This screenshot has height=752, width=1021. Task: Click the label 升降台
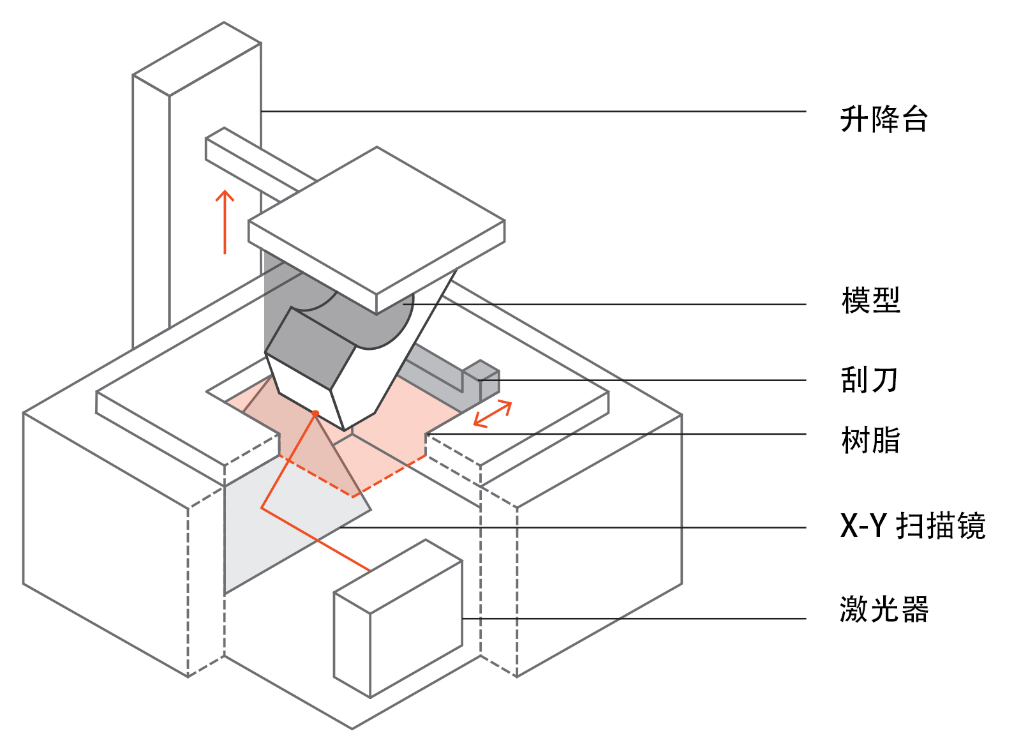883,119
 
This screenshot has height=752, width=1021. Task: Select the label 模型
870,300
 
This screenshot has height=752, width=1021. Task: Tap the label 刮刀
869,380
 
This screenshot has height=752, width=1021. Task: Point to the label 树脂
870,440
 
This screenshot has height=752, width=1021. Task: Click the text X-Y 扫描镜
913,526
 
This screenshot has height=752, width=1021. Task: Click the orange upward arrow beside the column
225,221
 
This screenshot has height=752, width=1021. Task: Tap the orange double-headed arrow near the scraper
493,414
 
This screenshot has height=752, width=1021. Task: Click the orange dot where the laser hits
315,414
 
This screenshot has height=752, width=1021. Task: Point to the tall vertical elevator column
151,211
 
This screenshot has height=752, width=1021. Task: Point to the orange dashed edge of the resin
389,476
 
